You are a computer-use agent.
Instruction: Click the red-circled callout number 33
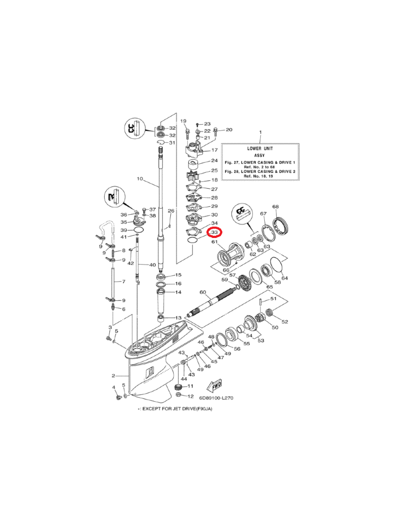(215, 232)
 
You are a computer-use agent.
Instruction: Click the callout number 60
(202, 292)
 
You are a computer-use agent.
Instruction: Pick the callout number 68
(276, 207)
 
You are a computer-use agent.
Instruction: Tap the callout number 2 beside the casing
(113, 376)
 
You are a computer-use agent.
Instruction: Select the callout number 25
(214, 171)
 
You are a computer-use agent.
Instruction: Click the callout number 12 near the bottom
(191, 396)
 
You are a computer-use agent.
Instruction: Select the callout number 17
(214, 150)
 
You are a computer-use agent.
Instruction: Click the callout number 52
(285, 322)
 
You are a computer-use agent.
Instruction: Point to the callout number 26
(170, 211)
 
